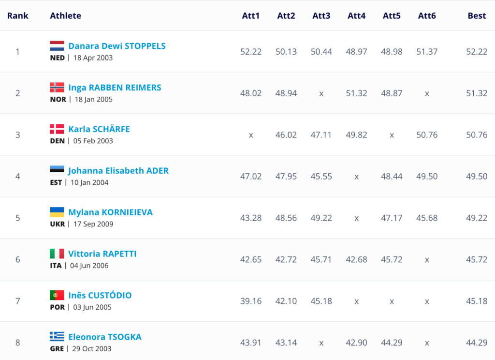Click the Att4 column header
(x=356, y=16)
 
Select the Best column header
(x=476, y=16)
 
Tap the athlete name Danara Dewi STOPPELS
(x=117, y=46)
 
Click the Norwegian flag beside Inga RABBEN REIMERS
(x=57, y=88)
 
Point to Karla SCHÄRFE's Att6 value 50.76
(x=427, y=135)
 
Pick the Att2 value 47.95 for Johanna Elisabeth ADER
(x=286, y=177)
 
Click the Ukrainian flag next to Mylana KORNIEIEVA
(x=57, y=212)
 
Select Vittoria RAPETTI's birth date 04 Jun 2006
(x=91, y=266)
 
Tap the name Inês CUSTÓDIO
(x=100, y=296)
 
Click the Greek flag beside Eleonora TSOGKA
(x=57, y=337)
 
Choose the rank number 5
(x=18, y=218)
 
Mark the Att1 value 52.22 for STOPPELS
(x=251, y=52)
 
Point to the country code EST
(x=56, y=182)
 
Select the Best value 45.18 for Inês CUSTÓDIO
(x=477, y=301)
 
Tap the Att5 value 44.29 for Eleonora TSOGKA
(x=392, y=343)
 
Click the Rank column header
(x=18, y=16)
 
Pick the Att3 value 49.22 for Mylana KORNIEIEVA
(x=321, y=218)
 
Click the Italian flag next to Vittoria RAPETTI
(x=57, y=254)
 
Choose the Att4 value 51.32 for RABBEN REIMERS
(x=356, y=93)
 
